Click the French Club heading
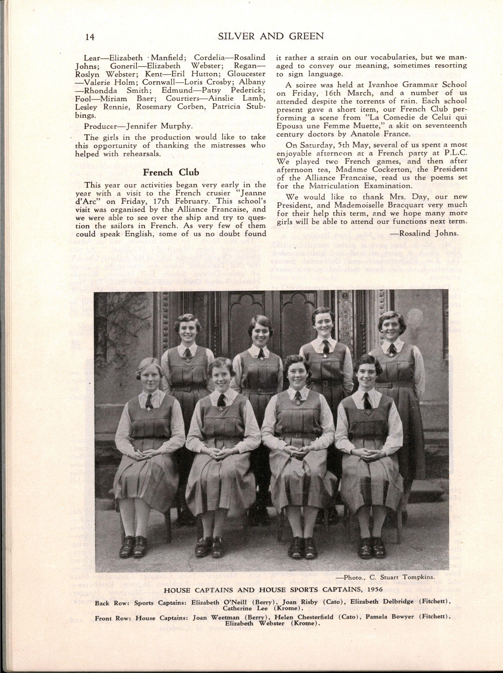click(x=171, y=173)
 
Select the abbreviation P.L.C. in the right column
click(x=456, y=153)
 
